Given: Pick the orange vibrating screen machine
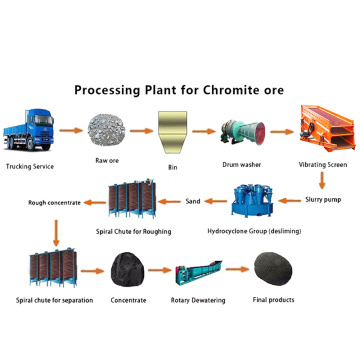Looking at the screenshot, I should click(x=322, y=124).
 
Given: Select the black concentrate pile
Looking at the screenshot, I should click(x=125, y=267).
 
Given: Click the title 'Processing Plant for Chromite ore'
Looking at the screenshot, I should click(x=180, y=90).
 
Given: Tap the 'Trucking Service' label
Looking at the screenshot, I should click(x=31, y=166).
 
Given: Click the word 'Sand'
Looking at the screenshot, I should click(x=193, y=202).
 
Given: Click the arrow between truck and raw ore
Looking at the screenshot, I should click(x=70, y=131).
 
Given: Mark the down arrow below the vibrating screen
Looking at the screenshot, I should click(x=322, y=180).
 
